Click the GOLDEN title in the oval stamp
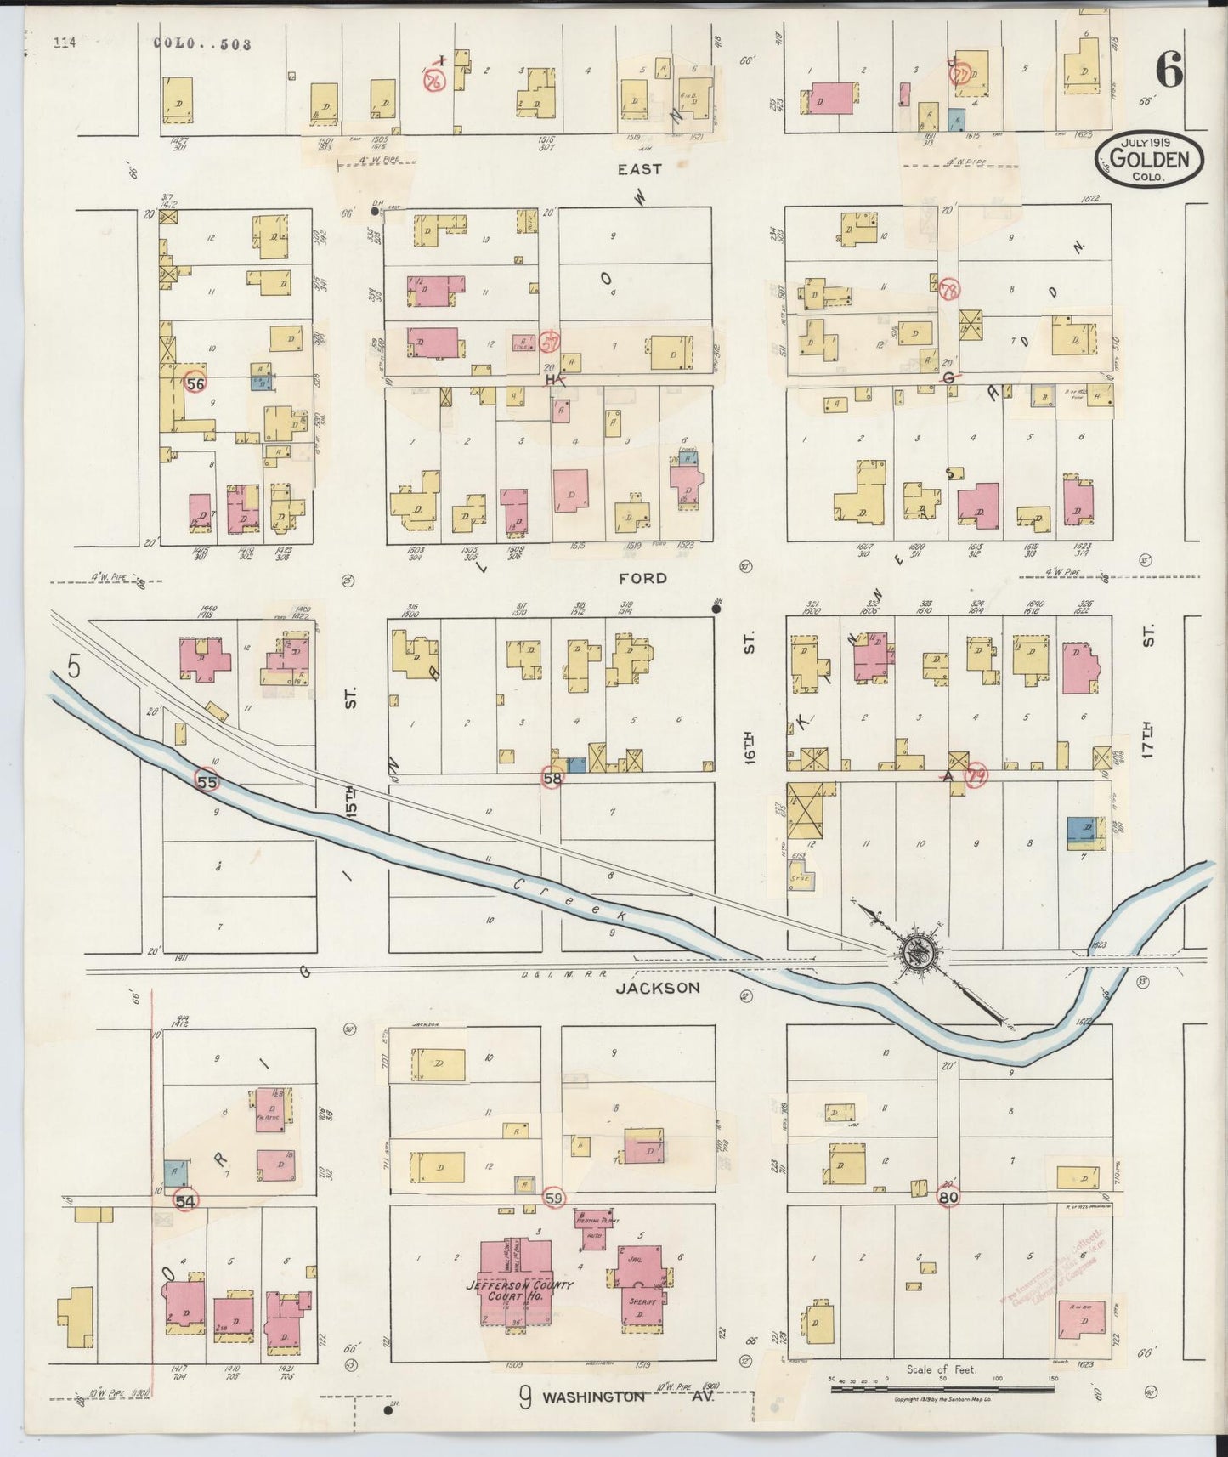pyautogui.click(x=1153, y=159)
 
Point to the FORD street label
pyautogui.click(x=642, y=578)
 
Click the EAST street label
pyautogui.click(x=639, y=169)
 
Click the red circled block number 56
pyautogui.click(x=195, y=383)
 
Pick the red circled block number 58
pyautogui.click(x=552, y=777)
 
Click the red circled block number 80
pyautogui.click(x=950, y=1195)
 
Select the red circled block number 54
pyautogui.click(x=185, y=1200)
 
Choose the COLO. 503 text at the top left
pyautogui.click(x=203, y=45)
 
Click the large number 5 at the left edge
pyautogui.click(x=74, y=667)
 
